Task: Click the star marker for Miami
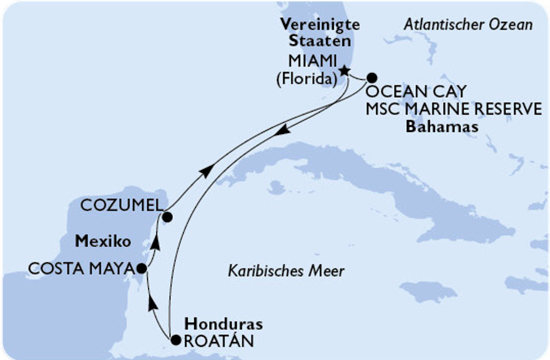pos(344,71)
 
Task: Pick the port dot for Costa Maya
pos(141,268)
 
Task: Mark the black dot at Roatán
pos(176,340)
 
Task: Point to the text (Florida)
pos(306,79)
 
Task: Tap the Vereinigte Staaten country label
pos(320,32)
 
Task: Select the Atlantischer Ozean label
pos(468,25)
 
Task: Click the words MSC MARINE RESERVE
pos(454,109)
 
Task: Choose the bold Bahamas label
pos(442,127)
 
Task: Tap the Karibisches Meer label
pos(286,271)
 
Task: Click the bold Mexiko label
pos(103,242)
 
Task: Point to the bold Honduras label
pos(223,324)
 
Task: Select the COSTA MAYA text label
pos(81,268)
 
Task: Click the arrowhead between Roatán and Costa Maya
pos(152,302)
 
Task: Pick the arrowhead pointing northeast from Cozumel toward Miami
pos(206,172)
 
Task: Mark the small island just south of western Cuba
pos(277,187)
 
